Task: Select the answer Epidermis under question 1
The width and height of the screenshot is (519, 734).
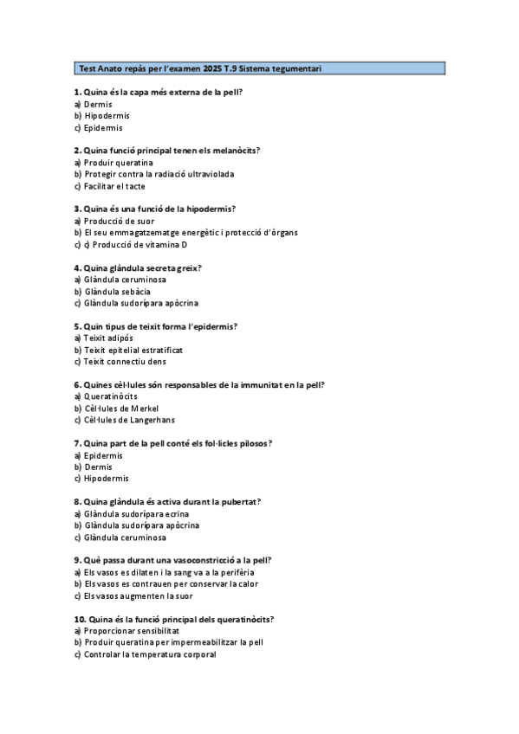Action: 103,127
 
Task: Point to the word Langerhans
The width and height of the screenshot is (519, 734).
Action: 150,421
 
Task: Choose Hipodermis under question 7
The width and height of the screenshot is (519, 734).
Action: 107,479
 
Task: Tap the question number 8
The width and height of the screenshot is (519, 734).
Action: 77,502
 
